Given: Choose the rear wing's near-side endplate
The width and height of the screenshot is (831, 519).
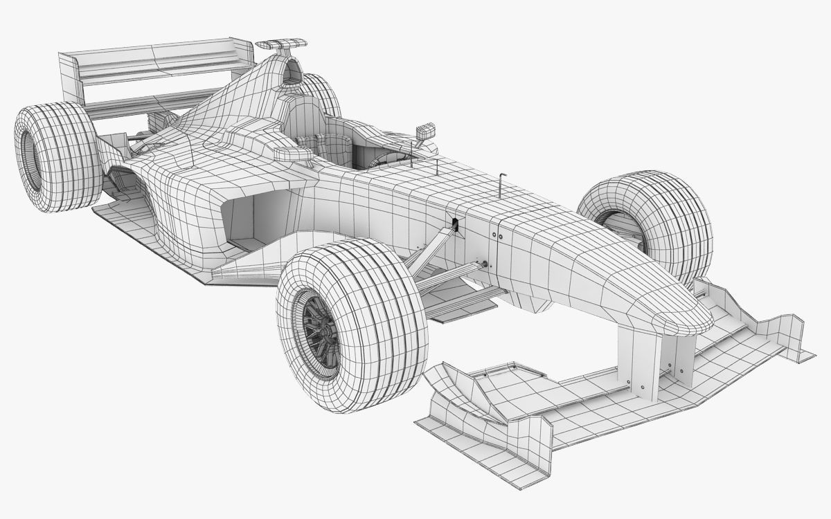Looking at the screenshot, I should (x=70, y=76).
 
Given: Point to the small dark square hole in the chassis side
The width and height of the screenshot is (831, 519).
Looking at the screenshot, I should (x=455, y=223).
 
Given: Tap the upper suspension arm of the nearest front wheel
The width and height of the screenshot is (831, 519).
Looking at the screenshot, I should (x=429, y=246).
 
